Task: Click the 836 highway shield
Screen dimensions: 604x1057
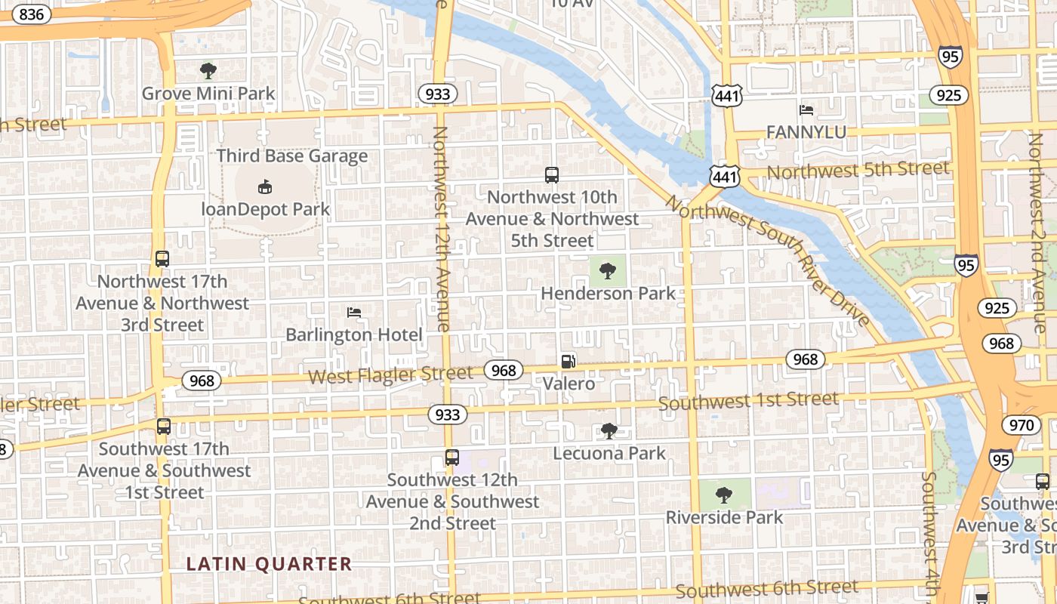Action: click(31, 14)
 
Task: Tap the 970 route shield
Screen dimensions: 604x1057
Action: click(1021, 425)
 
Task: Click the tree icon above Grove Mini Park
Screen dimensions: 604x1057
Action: click(208, 71)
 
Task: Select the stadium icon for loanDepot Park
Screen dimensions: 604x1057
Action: click(264, 186)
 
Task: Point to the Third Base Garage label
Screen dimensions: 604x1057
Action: click(292, 156)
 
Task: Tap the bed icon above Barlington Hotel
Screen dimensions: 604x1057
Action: click(353, 312)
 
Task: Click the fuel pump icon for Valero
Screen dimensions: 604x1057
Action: click(569, 362)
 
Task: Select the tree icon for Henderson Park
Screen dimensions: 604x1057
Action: click(608, 270)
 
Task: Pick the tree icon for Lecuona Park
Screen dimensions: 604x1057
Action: click(609, 431)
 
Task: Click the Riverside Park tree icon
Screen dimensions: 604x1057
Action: click(723, 495)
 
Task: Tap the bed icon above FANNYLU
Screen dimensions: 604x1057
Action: click(806, 110)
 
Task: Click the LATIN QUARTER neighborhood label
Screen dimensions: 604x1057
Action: click(269, 564)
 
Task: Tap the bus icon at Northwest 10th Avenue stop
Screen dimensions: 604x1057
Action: click(552, 175)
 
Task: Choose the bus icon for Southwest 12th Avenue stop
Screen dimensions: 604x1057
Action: click(451, 458)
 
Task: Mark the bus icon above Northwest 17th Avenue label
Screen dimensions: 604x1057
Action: click(162, 259)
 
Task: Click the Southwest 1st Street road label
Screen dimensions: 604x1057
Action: click(748, 401)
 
